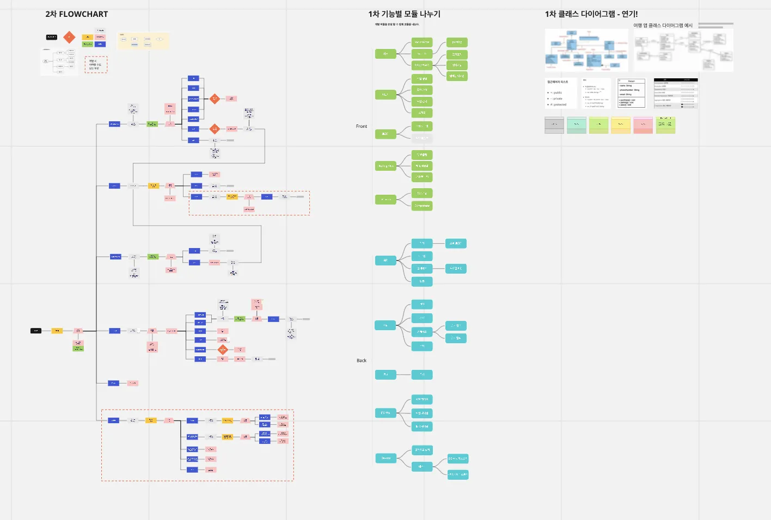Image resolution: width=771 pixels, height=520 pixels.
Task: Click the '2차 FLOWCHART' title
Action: [76, 14]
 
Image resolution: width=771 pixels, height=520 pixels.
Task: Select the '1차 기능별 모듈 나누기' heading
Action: [404, 14]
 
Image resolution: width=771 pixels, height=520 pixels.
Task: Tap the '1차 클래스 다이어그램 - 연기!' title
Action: [591, 14]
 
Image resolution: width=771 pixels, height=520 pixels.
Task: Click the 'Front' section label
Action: [362, 126]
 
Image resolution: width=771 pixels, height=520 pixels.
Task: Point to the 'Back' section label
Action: [362, 361]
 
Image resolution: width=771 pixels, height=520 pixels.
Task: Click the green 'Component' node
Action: [422, 206]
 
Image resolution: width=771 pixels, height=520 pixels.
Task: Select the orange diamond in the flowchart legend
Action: [69, 37]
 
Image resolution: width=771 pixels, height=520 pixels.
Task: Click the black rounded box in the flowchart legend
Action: [52, 37]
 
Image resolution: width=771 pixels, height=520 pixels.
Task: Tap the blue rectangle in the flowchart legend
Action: [100, 44]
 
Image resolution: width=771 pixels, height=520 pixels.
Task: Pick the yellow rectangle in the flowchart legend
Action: [87, 37]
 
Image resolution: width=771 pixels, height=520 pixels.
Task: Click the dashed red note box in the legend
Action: [96, 65]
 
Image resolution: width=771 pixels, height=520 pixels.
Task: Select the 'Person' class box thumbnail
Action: [631, 93]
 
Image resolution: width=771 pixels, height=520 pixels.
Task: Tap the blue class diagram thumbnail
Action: [586, 50]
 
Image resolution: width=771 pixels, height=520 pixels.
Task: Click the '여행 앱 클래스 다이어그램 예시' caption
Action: [663, 26]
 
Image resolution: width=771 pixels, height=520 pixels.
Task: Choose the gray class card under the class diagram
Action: [554, 125]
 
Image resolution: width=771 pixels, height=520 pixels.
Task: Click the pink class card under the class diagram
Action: [643, 125]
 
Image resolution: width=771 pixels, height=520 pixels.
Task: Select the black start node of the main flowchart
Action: [36, 331]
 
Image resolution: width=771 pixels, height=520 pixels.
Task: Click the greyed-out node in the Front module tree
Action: [422, 138]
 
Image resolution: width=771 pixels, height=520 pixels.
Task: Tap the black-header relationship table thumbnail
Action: [676, 93]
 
